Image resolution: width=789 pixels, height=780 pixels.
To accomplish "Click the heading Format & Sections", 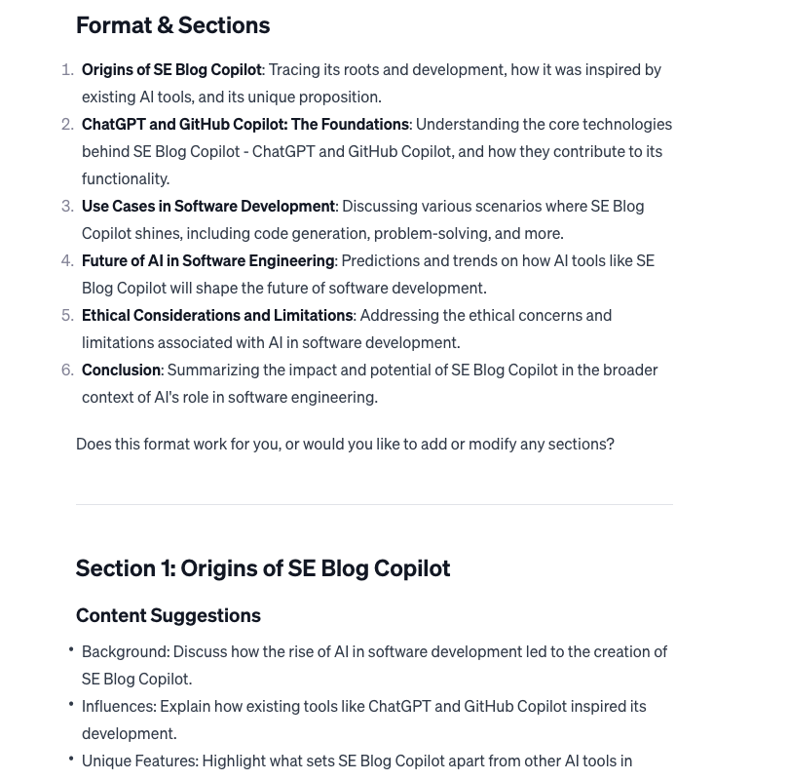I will point(172,25).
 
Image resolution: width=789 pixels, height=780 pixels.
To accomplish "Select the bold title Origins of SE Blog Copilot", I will point(171,70).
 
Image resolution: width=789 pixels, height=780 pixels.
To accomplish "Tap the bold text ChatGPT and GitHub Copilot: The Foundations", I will point(244,125).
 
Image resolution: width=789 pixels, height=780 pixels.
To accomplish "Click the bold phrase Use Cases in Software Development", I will point(207,207).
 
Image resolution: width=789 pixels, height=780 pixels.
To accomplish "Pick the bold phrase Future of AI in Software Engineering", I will point(207,261).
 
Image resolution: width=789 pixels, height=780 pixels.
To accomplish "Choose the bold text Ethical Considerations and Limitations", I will point(217,316).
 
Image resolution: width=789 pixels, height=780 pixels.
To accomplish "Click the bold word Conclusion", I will point(121,370).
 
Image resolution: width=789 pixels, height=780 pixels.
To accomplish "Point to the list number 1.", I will point(67,70).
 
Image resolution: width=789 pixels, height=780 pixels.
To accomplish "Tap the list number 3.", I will point(67,207).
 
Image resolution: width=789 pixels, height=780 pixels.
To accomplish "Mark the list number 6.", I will point(67,370).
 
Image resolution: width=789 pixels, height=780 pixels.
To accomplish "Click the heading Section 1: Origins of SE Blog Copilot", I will point(263,568).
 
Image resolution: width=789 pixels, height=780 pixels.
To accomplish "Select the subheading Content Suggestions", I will point(169,615).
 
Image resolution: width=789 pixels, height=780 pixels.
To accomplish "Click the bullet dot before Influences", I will point(71,704).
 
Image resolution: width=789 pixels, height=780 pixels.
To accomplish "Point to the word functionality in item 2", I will point(125,179).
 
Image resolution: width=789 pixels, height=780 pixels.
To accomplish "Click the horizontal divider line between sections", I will point(374,504).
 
